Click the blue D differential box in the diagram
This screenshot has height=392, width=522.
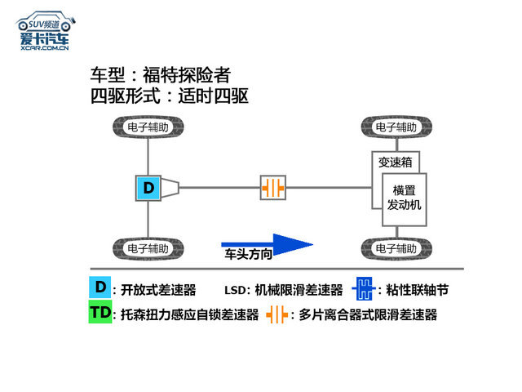148,188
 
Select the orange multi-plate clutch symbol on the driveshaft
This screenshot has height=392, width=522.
272,188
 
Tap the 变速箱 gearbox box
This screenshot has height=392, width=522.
395,163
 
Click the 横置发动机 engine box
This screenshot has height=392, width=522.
405,199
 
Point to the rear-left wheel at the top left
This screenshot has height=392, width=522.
148,127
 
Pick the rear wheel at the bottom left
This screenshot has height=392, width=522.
148,248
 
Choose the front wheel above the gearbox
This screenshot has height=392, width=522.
396,127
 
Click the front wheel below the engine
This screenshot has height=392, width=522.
396,248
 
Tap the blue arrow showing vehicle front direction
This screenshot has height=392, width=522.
267,244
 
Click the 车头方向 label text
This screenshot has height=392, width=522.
248,254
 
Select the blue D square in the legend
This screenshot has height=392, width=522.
100,287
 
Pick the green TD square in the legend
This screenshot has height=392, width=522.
100,312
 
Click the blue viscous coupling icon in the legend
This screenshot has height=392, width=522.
364,288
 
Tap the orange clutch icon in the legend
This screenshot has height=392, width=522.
277,314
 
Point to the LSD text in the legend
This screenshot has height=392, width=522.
235,291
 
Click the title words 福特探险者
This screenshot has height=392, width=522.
187,74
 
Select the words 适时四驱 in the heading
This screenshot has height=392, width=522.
214,96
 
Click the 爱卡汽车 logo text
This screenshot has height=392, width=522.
45,38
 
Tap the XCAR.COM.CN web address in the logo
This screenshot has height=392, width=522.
45,48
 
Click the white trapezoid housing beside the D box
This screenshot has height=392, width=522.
170,188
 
